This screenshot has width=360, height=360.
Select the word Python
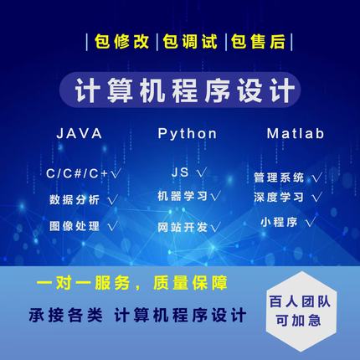(x=187, y=134)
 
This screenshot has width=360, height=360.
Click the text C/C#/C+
(x=79, y=173)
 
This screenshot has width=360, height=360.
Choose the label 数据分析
(x=75, y=200)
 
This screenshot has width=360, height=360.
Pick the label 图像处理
(x=75, y=226)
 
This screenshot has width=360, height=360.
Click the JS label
(x=178, y=173)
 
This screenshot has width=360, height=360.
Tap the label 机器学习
(x=181, y=197)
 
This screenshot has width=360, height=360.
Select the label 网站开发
(x=181, y=226)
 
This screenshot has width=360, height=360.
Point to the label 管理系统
(x=279, y=177)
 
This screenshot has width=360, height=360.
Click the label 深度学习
(x=279, y=198)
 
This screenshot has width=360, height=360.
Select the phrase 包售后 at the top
(x=244, y=40)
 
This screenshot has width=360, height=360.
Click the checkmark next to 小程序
(x=310, y=222)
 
